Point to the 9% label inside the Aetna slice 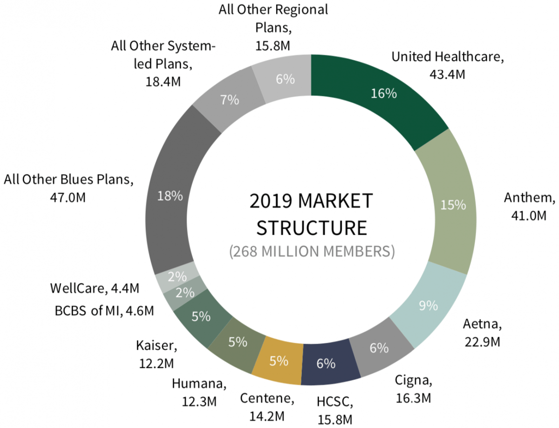pyautogui.click(x=428, y=306)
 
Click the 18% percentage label pyautogui.click(x=170, y=196)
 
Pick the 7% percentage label pyautogui.click(x=230, y=100)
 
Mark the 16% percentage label pyautogui.click(x=383, y=93)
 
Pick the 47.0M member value pyautogui.click(x=68, y=197)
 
